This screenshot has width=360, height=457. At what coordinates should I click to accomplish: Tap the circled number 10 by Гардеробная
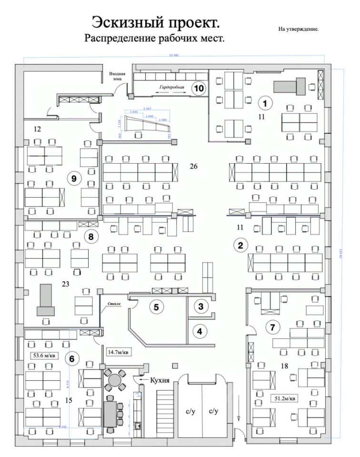[199, 88]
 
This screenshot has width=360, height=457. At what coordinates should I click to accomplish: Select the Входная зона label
[117, 77]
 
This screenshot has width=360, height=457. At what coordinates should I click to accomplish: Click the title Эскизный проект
[156, 22]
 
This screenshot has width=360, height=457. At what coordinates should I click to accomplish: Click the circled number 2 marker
[240, 246]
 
